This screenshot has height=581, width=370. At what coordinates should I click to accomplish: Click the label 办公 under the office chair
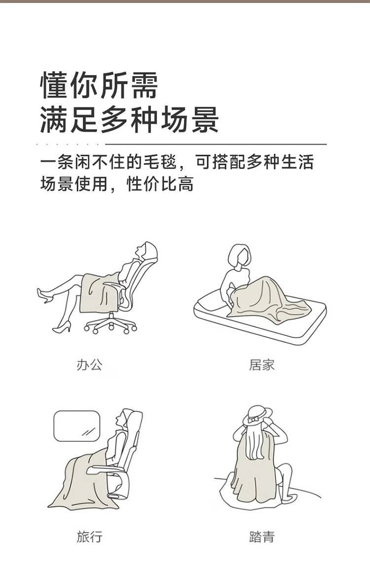(89, 365)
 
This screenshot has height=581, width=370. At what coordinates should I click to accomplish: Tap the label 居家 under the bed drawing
(261, 365)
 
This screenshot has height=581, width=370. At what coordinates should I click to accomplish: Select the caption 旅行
(89, 536)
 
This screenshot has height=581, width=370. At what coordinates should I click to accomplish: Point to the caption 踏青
(261, 536)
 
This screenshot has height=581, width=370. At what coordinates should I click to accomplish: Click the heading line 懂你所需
(99, 85)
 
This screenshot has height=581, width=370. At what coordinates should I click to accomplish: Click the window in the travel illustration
(77, 426)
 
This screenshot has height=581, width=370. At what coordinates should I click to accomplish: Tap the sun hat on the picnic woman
(257, 415)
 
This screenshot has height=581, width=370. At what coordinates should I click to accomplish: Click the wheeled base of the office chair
(111, 324)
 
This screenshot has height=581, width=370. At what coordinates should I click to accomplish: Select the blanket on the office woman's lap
(99, 293)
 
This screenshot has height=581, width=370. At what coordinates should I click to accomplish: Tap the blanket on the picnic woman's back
(255, 470)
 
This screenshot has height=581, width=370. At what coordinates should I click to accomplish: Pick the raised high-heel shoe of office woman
(45, 295)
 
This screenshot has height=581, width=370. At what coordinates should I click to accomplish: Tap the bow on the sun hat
(254, 420)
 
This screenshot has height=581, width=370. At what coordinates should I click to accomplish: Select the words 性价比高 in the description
(160, 184)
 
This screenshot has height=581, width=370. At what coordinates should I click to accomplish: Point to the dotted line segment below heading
(69, 144)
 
